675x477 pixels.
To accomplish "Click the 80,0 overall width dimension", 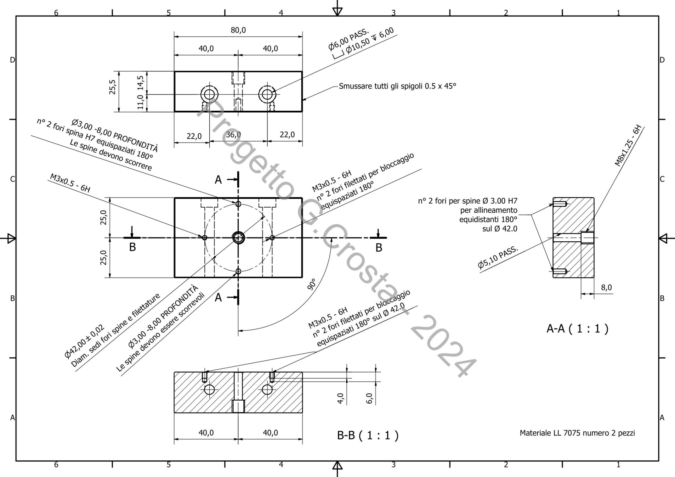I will point(238,31).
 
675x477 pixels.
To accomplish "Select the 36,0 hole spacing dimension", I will point(233,135).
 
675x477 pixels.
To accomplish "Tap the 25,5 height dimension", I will point(113,87).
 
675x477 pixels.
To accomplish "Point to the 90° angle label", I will point(312,284).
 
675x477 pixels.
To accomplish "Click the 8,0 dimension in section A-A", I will point(606,287).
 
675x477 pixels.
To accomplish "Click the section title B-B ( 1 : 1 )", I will point(367,435).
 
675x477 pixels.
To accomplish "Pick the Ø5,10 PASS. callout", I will point(497,257).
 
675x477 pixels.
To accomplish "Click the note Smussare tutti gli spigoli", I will point(397,86).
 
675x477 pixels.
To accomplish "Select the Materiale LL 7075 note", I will point(577,433).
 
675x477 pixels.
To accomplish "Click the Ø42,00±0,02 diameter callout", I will point(84,342).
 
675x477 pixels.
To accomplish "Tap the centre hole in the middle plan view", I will point(238,238).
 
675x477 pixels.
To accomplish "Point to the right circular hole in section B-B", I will point(267,390).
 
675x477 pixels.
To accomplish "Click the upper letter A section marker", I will point(218,180).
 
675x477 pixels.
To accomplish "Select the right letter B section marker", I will point(379,248).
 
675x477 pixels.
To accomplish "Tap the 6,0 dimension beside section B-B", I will point(370,398).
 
